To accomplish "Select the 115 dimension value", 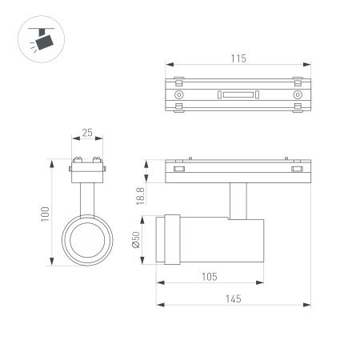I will click(238, 58).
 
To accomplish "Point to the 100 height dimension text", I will click(46, 213).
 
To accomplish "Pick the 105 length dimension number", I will click(210, 277).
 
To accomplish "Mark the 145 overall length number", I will click(232, 298).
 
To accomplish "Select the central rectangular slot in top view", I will click(238, 94).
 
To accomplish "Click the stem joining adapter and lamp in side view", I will click(238, 200).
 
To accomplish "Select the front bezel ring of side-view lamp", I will click(170, 238).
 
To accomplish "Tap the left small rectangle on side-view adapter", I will click(178, 169).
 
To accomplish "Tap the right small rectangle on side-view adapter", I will click(298, 169).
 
